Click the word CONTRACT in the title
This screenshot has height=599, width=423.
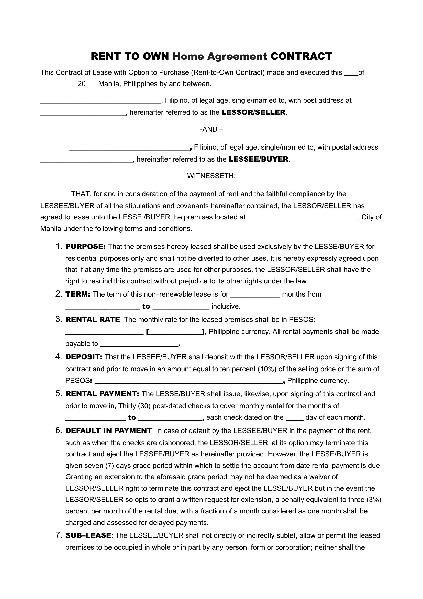coord(301,56)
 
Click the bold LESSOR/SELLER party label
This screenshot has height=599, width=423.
coord(253,112)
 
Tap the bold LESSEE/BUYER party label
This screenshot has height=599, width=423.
coord(258,159)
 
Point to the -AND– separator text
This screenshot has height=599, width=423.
coord(211,129)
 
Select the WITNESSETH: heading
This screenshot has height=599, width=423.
coord(211,176)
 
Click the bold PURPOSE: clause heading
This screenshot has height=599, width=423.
coord(85,247)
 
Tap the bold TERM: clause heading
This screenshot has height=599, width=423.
coord(78,294)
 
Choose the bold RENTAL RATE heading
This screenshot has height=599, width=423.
coord(93,320)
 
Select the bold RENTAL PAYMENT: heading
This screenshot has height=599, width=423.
coord(102,394)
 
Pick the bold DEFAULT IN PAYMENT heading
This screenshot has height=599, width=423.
coord(109,431)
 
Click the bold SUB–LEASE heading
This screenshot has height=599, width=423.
coord(88,535)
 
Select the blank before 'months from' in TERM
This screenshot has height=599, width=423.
coord(255,295)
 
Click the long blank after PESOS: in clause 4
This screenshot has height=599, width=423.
coord(189,381)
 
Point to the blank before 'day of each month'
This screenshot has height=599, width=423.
coord(295,418)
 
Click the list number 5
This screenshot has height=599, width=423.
coord(58,394)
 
